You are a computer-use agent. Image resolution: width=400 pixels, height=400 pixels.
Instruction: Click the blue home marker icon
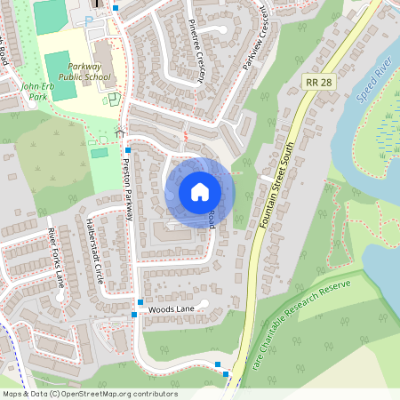(200, 191)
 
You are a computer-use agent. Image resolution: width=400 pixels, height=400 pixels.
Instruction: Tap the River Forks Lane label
(56, 259)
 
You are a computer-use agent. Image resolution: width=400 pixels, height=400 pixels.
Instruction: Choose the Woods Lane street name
(171, 309)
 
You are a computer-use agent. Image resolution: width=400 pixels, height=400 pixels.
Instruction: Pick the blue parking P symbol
(88, 19)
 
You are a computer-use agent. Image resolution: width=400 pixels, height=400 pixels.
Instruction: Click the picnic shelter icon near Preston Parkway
(120, 133)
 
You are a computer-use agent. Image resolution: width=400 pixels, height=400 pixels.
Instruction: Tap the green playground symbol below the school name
(114, 98)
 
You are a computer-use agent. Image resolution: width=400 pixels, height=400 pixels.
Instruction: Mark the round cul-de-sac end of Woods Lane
(204, 304)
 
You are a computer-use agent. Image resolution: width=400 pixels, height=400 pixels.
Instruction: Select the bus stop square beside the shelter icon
(128, 150)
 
